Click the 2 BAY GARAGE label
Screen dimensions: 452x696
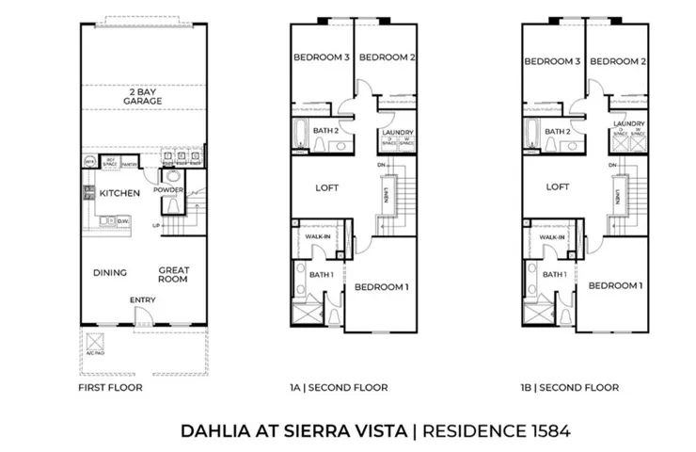click(x=143, y=95)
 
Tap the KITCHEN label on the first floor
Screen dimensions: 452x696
click(x=119, y=193)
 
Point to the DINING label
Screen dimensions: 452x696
click(x=110, y=273)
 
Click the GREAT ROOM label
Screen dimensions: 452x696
click(x=173, y=273)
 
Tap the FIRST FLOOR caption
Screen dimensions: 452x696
click(x=111, y=387)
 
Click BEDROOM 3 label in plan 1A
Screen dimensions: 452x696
click(x=321, y=57)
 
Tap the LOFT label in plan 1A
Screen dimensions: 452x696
click(x=326, y=186)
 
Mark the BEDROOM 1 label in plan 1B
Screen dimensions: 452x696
click(x=615, y=284)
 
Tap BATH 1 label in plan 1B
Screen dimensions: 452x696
click(x=554, y=274)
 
